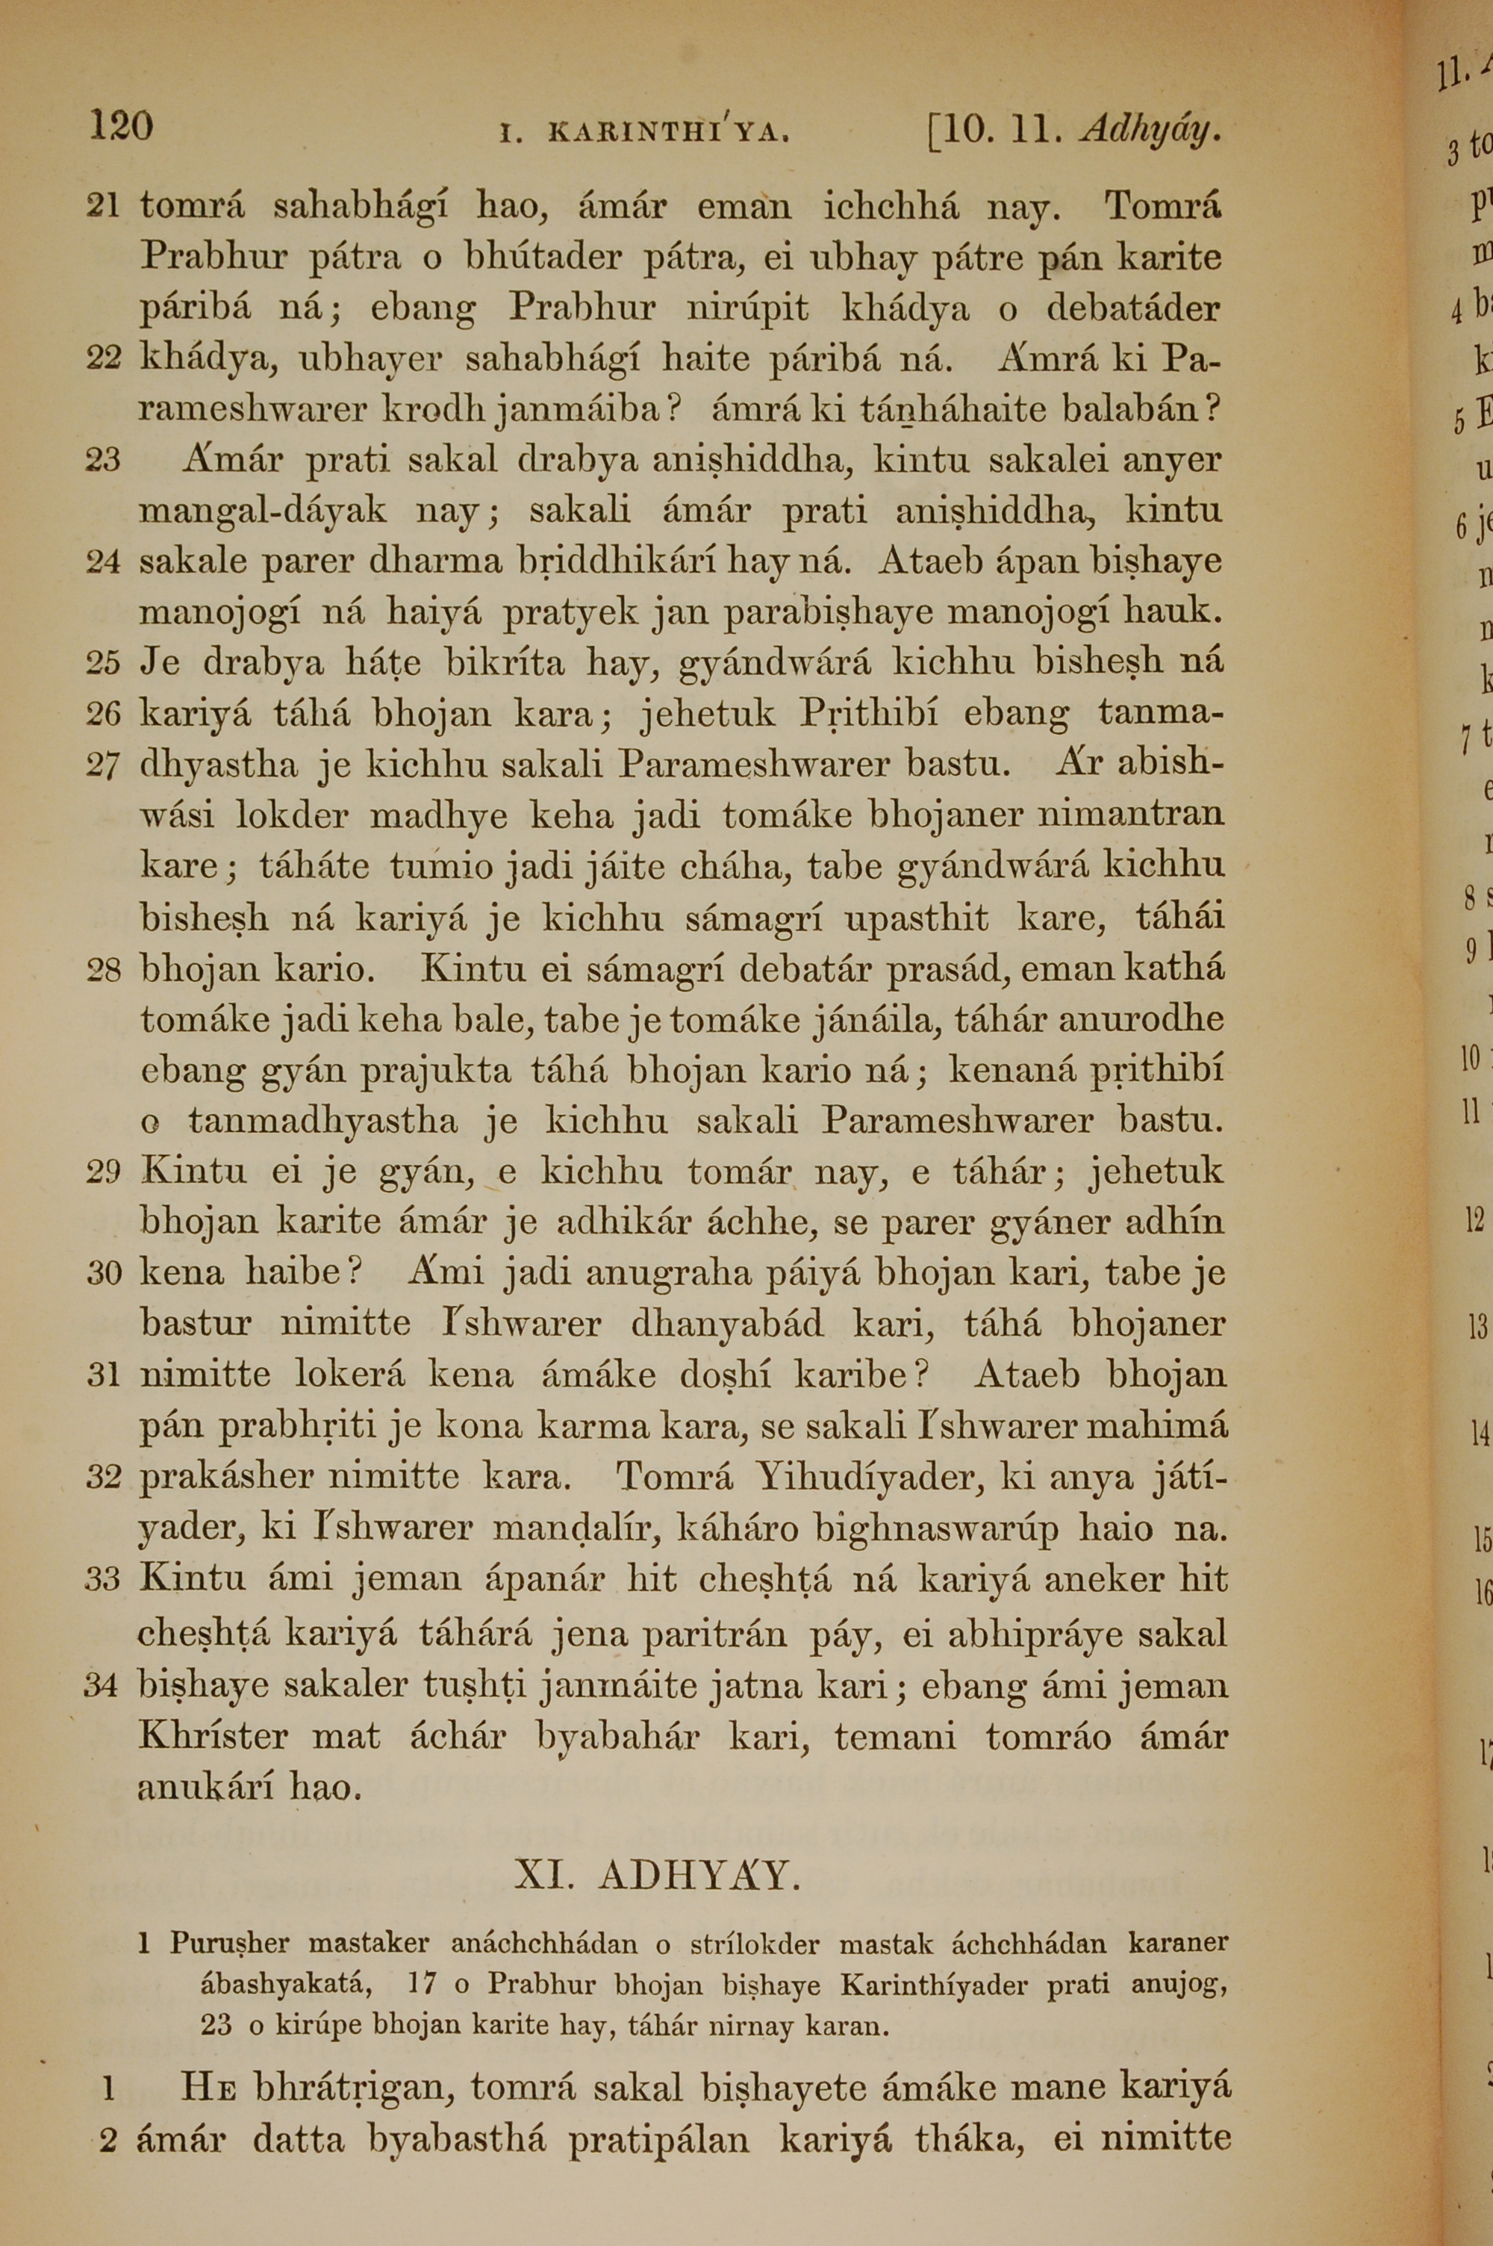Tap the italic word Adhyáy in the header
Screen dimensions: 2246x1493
(1150, 128)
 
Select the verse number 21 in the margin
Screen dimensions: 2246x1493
(103, 205)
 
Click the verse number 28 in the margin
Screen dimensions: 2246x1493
(103, 970)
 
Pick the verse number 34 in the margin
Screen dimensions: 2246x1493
(101, 1685)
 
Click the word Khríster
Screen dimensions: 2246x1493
(213, 1736)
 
